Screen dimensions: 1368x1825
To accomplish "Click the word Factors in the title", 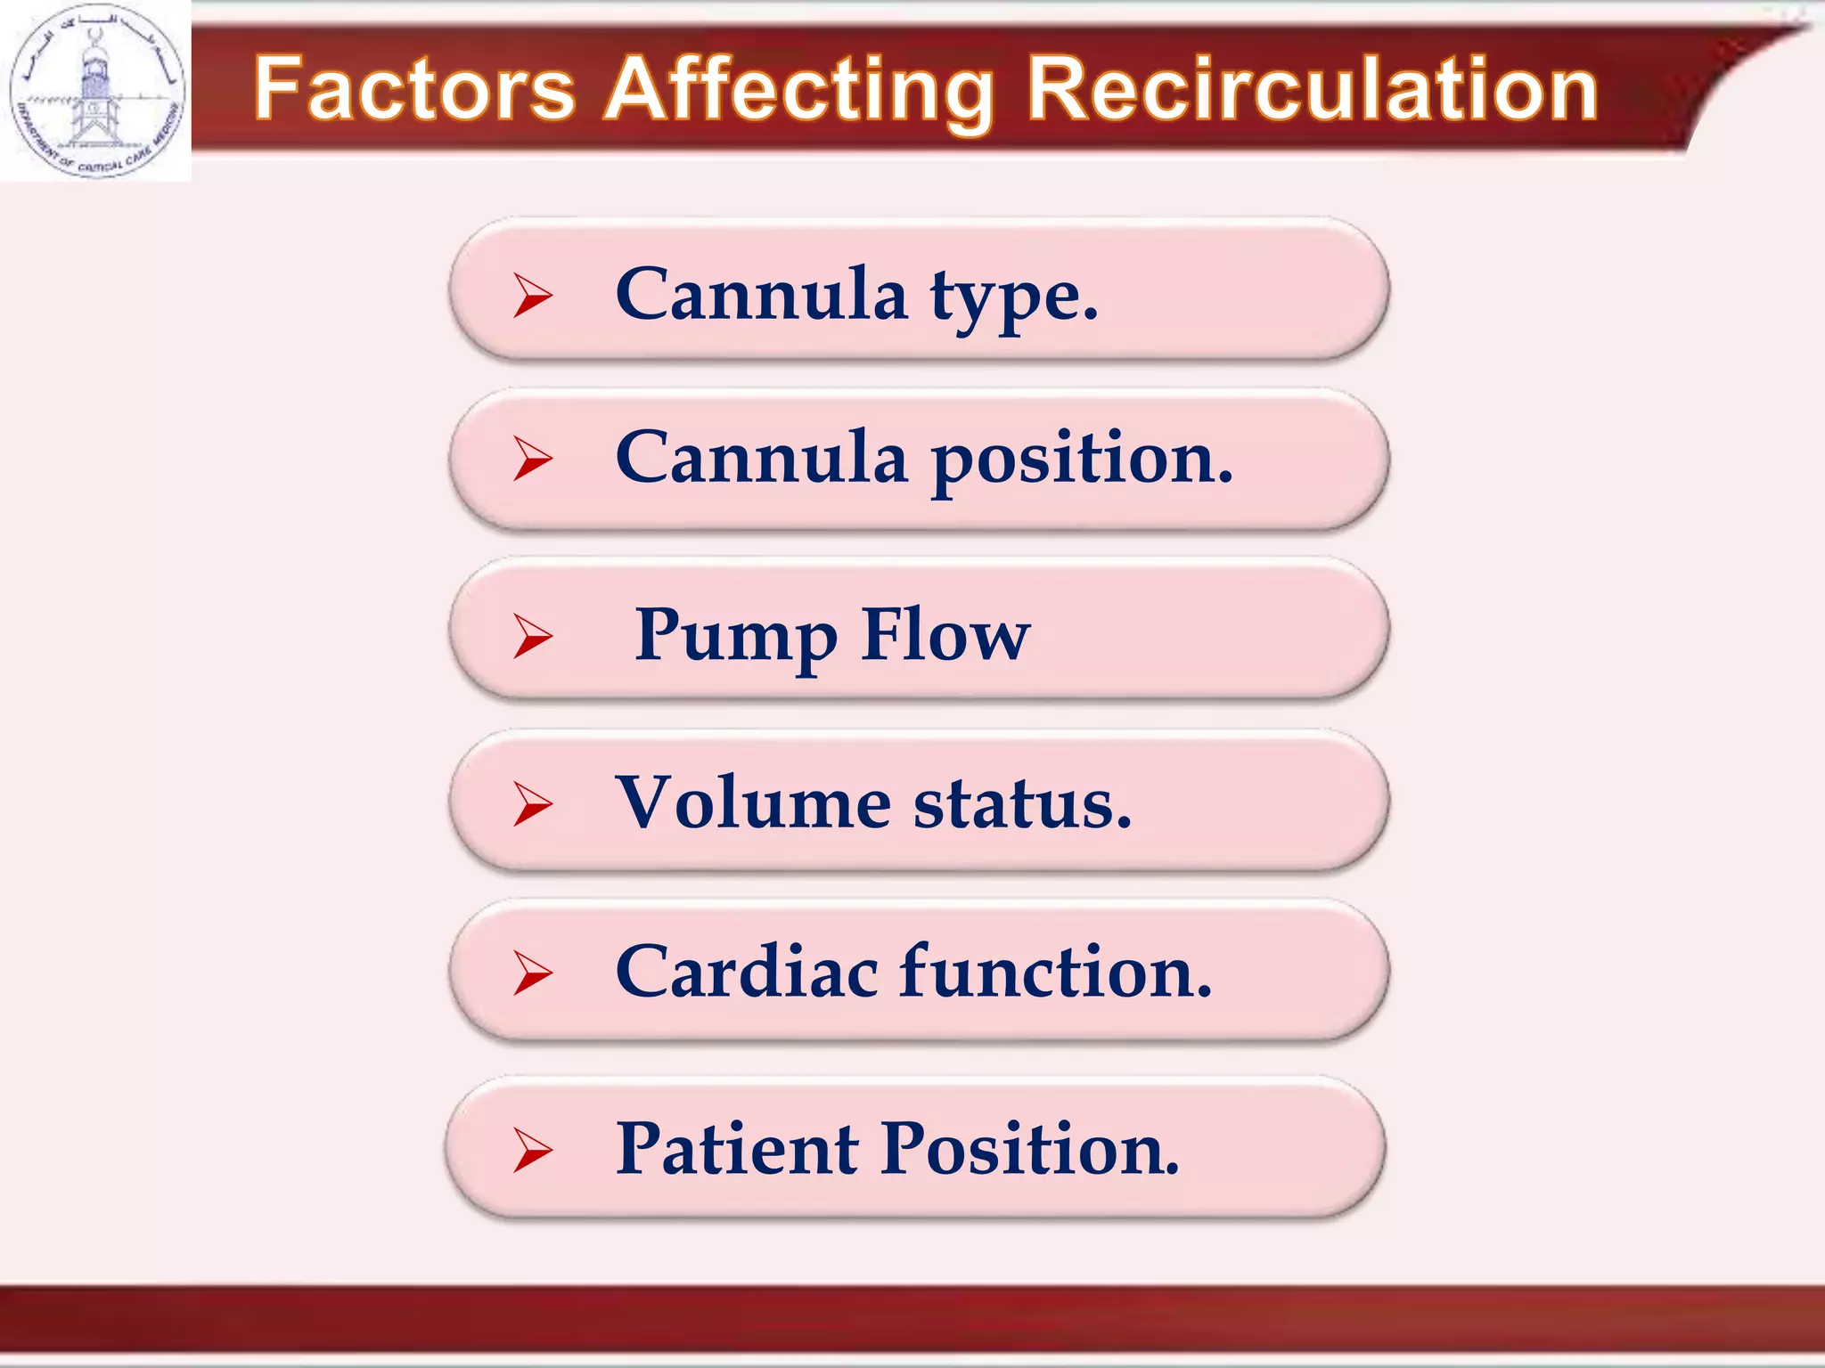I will pos(414,89).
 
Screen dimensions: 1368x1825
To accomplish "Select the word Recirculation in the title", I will pos(1313,89).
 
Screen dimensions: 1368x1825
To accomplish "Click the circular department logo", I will pos(96,90).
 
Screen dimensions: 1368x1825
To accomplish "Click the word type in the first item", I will pos(1014,297).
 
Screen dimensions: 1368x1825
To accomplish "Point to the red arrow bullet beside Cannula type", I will pos(532,296).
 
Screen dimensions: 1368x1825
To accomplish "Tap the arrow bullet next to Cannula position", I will pos(532,460).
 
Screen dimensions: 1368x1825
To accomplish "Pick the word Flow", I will pos(945,634).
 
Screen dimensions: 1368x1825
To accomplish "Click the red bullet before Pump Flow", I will pos(532,637).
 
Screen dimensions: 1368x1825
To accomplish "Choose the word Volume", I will pos(753,802).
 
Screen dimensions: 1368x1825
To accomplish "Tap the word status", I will pos(1022,804).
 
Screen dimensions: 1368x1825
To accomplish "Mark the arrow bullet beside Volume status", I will pos(532,804).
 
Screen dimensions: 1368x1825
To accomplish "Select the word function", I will pos(1055,972).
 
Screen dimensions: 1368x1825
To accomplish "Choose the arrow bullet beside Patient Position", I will pos(532,1150).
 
